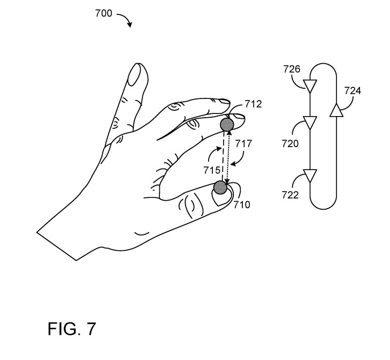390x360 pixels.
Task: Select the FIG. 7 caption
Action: point(71,328)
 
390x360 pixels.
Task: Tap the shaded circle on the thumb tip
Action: point(220,187)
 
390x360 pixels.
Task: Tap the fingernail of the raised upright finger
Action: point(135,74)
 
